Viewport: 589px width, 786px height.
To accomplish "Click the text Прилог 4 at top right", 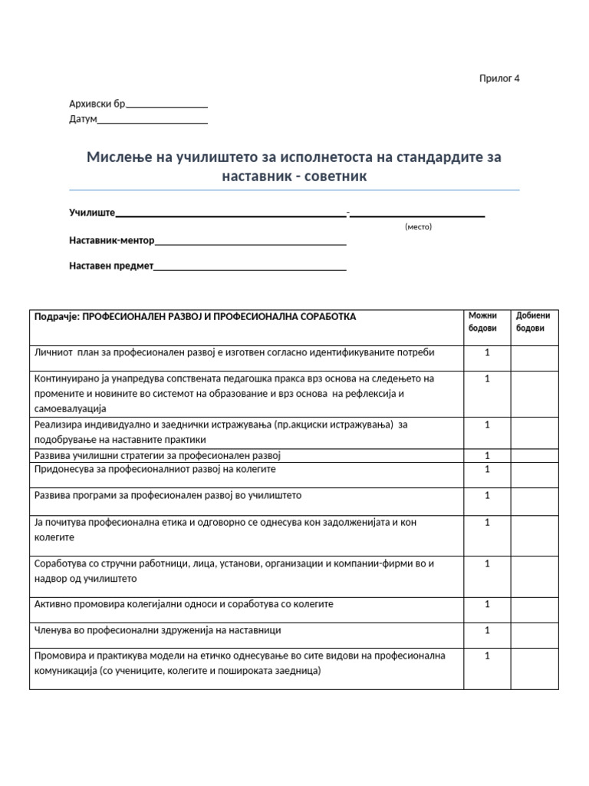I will click(x=499, y=78).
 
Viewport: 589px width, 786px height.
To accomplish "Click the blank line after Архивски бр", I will click(x=166, y=107).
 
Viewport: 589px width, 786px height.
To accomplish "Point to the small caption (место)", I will click(x=418, y=227).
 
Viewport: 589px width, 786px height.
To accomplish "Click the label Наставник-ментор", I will click(x=112, y=240).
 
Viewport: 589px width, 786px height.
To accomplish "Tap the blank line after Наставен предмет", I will click(x=250, y=269).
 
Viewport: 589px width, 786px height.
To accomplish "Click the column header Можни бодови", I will click(x=483, y=322).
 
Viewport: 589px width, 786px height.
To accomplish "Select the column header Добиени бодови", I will click(x=532, y=322).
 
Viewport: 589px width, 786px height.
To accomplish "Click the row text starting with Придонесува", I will click(x=155, y=469).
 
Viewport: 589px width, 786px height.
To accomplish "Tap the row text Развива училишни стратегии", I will click(x=158, y=455).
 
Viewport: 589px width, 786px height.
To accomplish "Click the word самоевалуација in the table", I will click(x=71, y=408).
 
